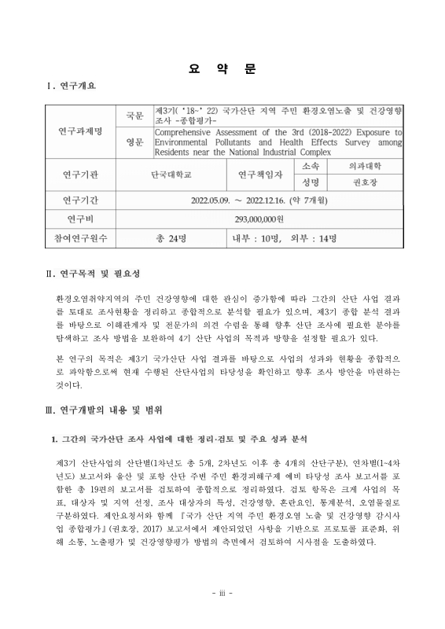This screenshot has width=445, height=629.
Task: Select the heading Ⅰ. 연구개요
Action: pos(72,86)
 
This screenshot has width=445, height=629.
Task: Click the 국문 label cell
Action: pos(134,116)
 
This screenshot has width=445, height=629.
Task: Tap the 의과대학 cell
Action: pos(365,167)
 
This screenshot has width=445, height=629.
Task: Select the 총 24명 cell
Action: pos(171,237)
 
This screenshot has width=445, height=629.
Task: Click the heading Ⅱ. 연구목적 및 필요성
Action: pos(94,274)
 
